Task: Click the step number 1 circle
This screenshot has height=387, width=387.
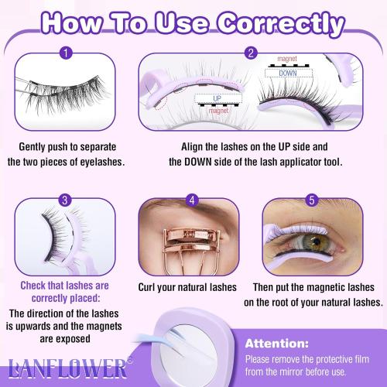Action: (67, 54)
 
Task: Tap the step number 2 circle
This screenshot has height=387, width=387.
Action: (251, 54)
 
